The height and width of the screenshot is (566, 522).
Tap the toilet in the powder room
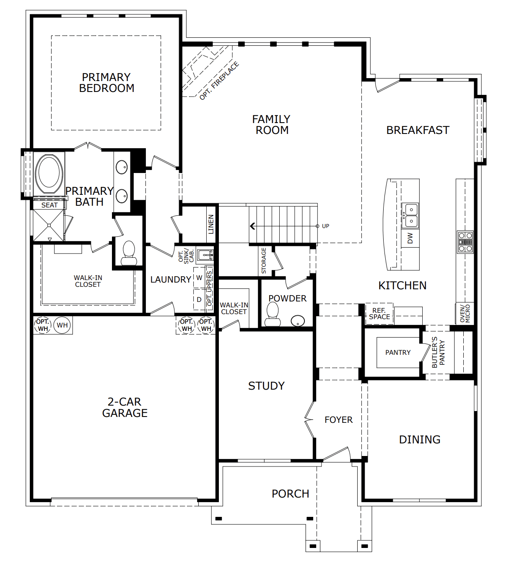(x=273, y=314)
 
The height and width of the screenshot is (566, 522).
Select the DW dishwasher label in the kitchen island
(x=410, y=238)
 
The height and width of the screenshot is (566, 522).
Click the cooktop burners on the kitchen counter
(x=465, y=242)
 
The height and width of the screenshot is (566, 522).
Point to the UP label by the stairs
(x=325, y=226)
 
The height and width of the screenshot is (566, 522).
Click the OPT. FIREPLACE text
(x=219, y=81)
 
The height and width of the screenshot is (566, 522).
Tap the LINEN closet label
(x=211, y=224)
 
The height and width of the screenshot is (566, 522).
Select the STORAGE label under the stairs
(x=264, y=261)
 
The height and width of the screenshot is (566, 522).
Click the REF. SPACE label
(x=379, y=314)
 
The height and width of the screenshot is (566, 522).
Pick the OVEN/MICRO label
(x=465, y=314)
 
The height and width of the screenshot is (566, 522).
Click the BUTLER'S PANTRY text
(x=438, y=352)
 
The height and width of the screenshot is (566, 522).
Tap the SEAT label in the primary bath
(x=49, y=205)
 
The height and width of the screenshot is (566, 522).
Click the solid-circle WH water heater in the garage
(x=62, y=325)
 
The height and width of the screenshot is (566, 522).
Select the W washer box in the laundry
(x=199, y=278)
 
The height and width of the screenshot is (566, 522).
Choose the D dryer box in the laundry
(x=199, y=299)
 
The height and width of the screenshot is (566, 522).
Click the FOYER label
(x=338, y=420)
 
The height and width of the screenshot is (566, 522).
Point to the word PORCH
(x=290, y=494)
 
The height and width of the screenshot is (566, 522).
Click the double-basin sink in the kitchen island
(x=410, y=215)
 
